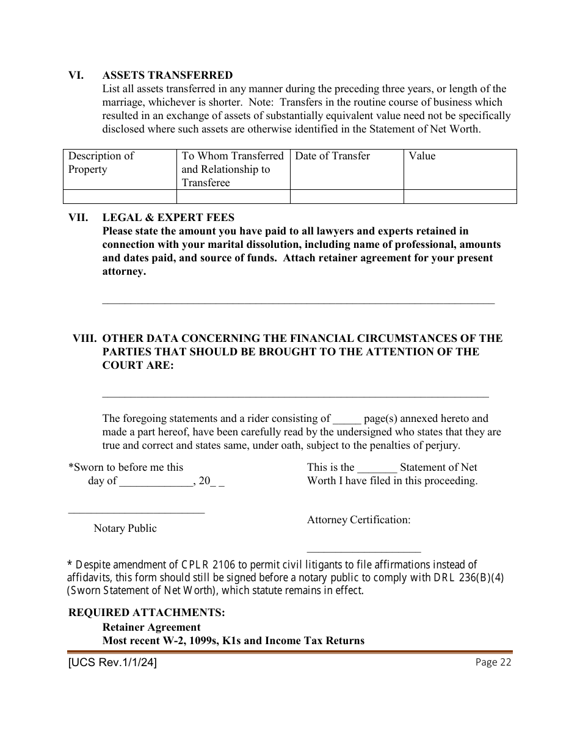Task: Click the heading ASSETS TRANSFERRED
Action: pyautogui.click(x=167, y=76)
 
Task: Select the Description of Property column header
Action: pyautogui.click(x=101, y=162)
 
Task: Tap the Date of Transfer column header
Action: pyautogui.click(x=332, y=156)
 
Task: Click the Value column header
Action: pyautogui.click(x=422, y=156)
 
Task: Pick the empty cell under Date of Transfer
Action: pyautogui.click(x=346, y=197)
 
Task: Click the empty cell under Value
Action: pyautogui.click(x=460, y=197)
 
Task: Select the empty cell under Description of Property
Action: pyautogui.click(x=120, y=197)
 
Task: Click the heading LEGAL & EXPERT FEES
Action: pyautogui.click(x=168, y=217)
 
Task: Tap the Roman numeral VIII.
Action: pyautogui.click(x=85, y=338)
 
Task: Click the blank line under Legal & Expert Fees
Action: pyautogui.click(x=298, y=302)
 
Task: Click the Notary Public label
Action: pyautogui.click(x=125, y=529)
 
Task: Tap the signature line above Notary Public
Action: pyautogui.click(x=136, y=513)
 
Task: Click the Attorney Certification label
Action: pyautogui.click(x=358, y=520)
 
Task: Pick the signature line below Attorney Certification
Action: pyautogui.click(x=363, y=551)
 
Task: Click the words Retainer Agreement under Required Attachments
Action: pyautogui.click(x=151, y=627)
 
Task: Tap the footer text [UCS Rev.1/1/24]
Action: pyautogui.click(x=112, y=662)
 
